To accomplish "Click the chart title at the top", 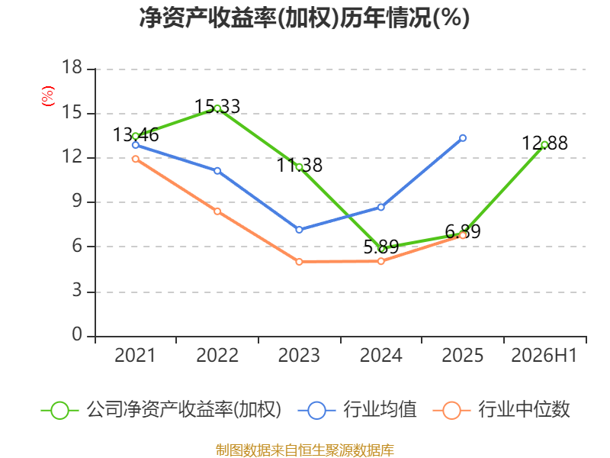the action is click(304, 18).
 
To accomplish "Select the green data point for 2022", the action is click(217, 108).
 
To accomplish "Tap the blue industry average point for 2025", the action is click(463, 138).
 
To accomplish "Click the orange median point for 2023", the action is click(299, 262).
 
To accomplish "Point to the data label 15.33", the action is click(217, 106).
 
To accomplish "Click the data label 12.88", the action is click(544, 143).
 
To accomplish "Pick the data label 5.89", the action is click(380, 247).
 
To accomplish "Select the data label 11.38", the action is click(299, 165).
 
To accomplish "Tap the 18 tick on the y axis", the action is click(72, 67).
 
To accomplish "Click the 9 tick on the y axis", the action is click(78, 201).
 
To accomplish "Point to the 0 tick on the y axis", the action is click(77, 334).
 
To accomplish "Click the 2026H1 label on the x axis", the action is click(544, 355).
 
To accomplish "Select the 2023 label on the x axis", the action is click(299, 355).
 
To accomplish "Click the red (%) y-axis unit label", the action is click(48, 96).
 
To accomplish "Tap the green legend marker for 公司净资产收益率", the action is click(60, 411).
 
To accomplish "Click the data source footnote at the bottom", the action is click(304, 450).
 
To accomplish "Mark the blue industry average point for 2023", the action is click(299, 230).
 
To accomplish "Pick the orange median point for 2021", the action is click(136, 159).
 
